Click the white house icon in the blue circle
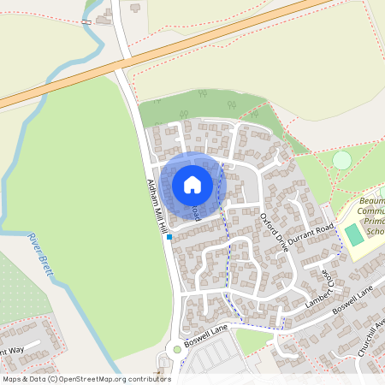point(192,184)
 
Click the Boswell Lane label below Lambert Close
point(353,304)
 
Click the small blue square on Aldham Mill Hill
point(169,235)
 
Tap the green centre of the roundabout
point(176,349)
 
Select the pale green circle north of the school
point(341,160)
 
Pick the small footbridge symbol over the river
point(87,20)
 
